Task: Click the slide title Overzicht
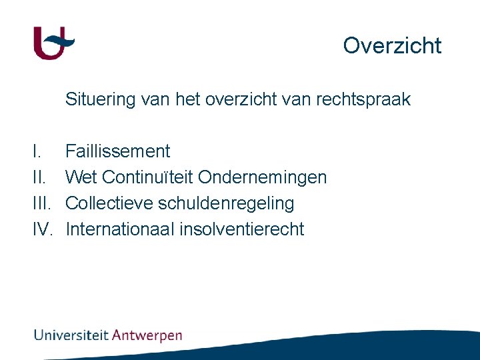click(392, 45)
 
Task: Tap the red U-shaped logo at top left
click(53, 43)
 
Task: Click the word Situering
click(100, 100)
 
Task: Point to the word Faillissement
click(118, 151)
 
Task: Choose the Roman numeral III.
click(41, 203)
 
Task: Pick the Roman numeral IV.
click(43, 229)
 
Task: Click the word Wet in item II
click(81, 177)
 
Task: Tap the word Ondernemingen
click(263, 177)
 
